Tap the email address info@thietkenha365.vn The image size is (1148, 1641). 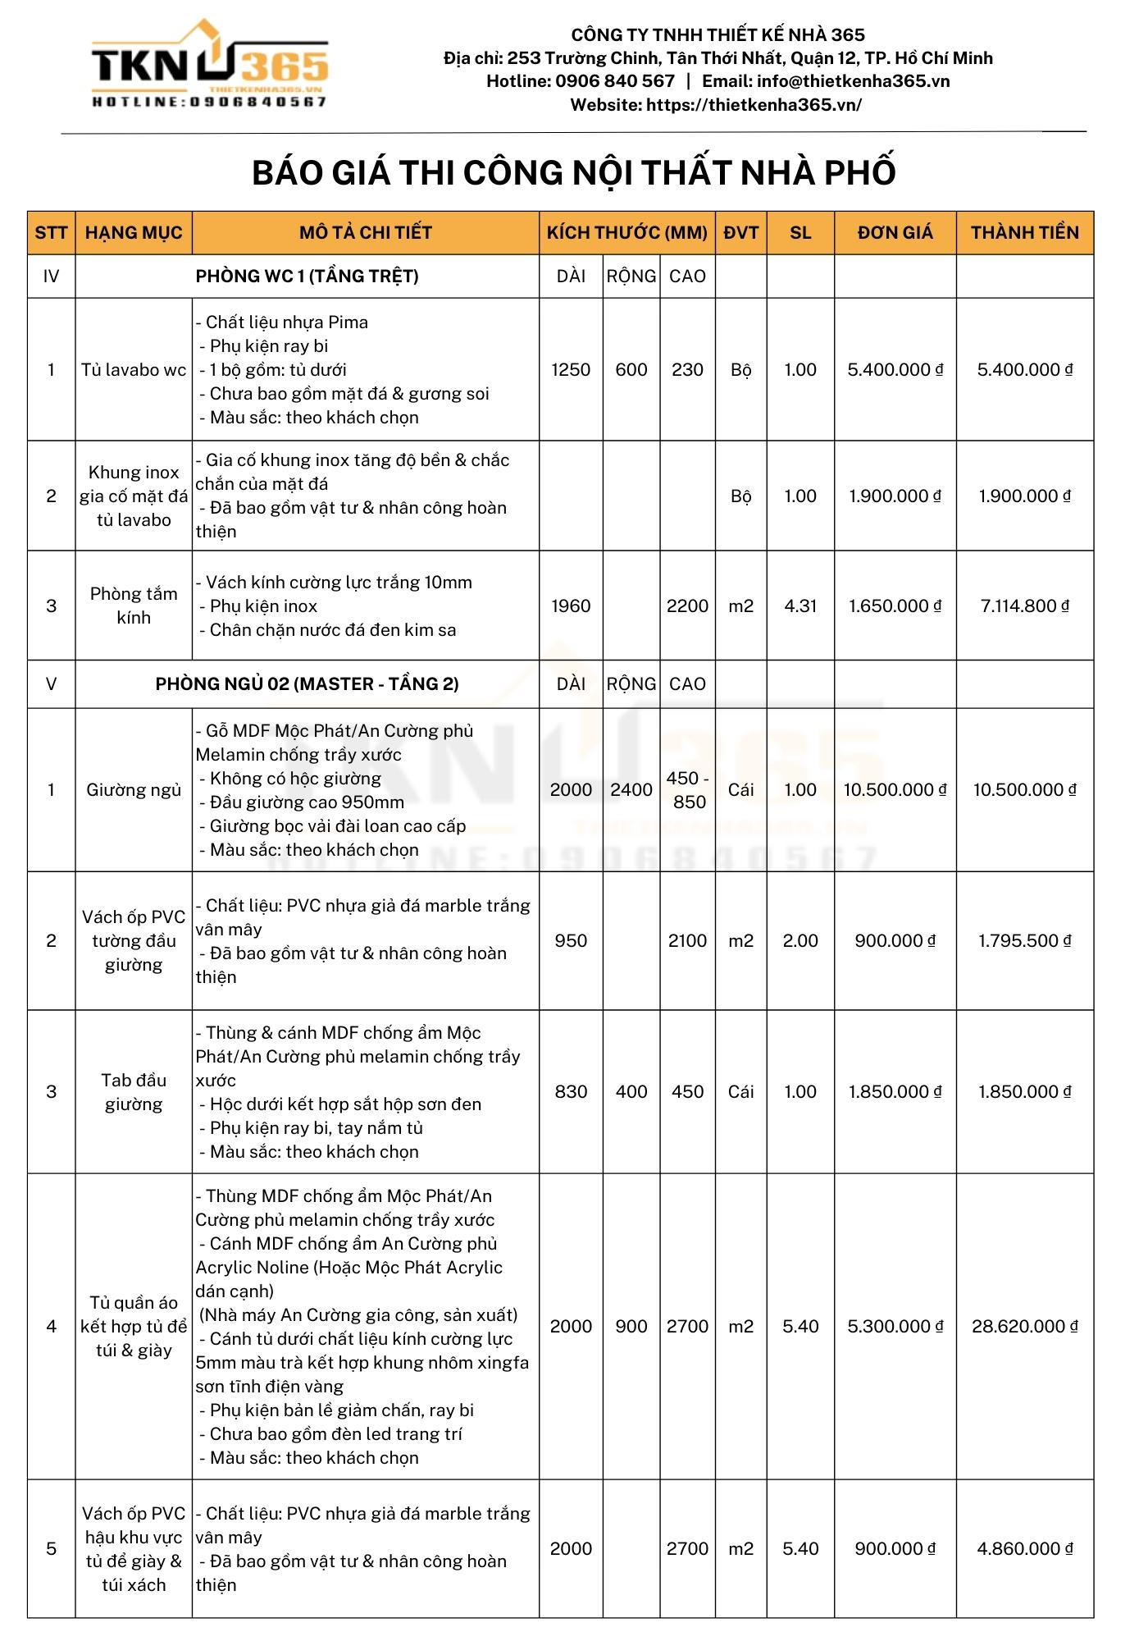tap(853, 81)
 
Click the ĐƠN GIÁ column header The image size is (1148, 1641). tap(895, 233)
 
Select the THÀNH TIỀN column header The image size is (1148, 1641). tap(1024, 233)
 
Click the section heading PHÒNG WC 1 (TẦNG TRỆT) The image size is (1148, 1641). tap(307, 277)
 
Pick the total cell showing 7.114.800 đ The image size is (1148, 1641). tap(1024, 606)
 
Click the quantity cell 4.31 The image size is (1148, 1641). tap(799, 606)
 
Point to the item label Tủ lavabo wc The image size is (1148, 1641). tap(134, 370)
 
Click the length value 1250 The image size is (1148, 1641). tap(571, 370)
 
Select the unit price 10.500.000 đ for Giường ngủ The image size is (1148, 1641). tap(895, 790)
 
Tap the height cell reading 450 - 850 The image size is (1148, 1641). tap(687, 790)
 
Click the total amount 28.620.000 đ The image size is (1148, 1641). tap(1024, 1327)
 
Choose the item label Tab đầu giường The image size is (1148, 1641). tap(134, 1092)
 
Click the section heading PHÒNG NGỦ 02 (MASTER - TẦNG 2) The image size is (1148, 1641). tap(307, 684)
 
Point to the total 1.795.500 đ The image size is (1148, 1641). tap(1024, 941)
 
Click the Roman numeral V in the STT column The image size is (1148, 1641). tap(51, 684)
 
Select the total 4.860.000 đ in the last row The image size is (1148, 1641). tap(1024, 1549)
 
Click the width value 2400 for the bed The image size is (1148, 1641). tap(631, 790)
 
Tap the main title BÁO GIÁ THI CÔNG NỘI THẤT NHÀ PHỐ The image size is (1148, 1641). tap(573, 173)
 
